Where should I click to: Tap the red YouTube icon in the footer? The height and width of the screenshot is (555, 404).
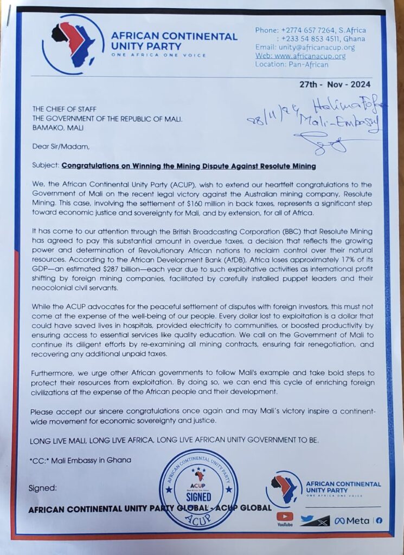click(x=285, y=518)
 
